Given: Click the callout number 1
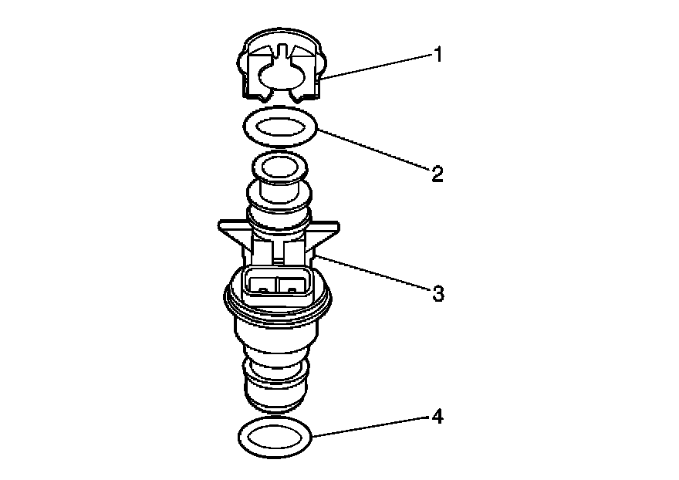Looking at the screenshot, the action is pos(437,56).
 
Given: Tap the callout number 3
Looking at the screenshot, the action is pos(437,294).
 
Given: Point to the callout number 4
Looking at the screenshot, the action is pos(437,417).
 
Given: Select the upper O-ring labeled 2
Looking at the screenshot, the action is pos(248,128).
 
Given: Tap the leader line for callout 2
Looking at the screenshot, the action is pos(370,150).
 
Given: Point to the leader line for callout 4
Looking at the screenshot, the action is pos(370,426).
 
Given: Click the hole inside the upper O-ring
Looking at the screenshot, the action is pos(279,125).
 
